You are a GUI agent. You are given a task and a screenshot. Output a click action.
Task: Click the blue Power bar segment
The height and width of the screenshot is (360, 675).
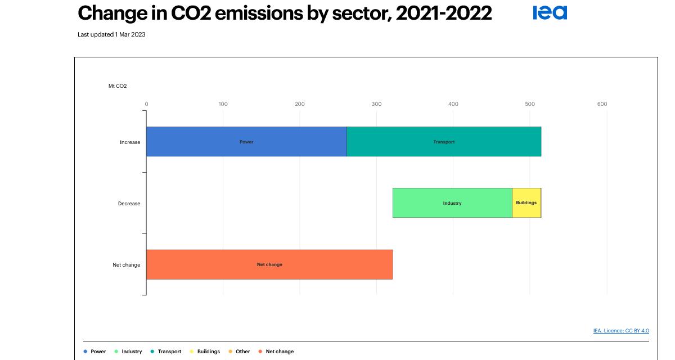pyautogui.click(x=246, y=142)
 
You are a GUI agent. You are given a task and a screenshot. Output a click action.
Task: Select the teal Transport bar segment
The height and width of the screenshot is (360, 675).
pyautogui.click(x=444, y=142)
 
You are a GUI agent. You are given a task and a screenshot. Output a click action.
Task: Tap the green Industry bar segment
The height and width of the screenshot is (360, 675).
pyautogui.click(x=452, y=203)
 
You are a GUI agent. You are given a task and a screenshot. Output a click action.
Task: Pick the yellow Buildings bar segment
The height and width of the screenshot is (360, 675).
pyautogui.click(x=526, y=202)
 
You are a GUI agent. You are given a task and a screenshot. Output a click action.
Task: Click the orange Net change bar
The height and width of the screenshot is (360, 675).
pyautogui.click(x=269, y=264)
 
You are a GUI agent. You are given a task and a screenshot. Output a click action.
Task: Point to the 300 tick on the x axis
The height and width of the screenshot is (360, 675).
pyautogui.click(x=376, y=104)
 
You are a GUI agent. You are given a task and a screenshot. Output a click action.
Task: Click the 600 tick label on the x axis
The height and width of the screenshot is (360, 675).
pyautogui.click(x=602, y=104)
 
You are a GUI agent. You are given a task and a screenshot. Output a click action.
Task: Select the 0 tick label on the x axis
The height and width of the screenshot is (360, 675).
pyautogui.click(x=146, y=104)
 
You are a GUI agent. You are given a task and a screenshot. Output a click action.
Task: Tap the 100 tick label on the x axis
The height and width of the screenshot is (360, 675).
pyautogui.click(x=223, y=104)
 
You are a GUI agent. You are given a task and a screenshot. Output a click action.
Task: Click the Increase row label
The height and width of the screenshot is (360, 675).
pyautogui.click(x=130, y=142)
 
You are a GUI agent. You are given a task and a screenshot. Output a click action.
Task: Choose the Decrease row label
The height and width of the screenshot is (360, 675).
pyautogui.click(x=129, y=204)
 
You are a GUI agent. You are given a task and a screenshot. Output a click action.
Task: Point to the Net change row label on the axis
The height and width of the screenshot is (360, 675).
pyautogui.click(x=127, y=265)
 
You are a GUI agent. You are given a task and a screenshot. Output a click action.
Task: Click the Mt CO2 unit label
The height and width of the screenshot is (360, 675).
pyautogui.click(x=118, y=86)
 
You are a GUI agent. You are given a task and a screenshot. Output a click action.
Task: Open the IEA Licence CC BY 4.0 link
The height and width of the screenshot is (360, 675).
pyautogui.click(x=621, y=331)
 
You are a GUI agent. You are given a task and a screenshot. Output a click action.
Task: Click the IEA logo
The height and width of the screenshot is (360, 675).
pyautogui.click(x=550, y=12)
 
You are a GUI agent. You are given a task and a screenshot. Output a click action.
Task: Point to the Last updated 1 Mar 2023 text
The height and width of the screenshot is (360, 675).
pyautogui.click(x=111, y=35)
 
